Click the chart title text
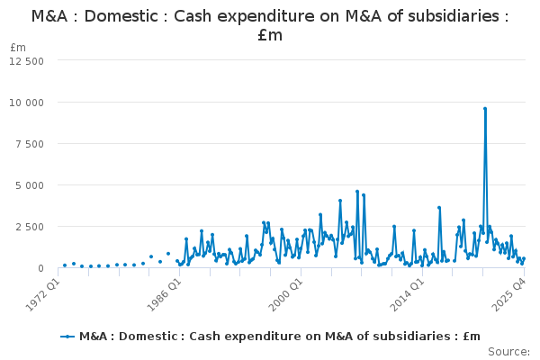[270, 25]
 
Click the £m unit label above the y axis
[18, 48]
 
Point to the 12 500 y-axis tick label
[26, 61]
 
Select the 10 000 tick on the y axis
[26, 103]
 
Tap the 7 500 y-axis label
[30, 144]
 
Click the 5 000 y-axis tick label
[30, 185]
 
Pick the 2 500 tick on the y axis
[30, 227]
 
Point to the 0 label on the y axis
[41, 268]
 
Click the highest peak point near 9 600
[485, 109]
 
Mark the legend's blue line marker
[67, 337]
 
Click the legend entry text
[280, 337]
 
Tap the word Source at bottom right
[508, 352]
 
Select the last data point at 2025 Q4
[524, 258]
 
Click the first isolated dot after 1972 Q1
[65, 265]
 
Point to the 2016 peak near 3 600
[439, 208]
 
